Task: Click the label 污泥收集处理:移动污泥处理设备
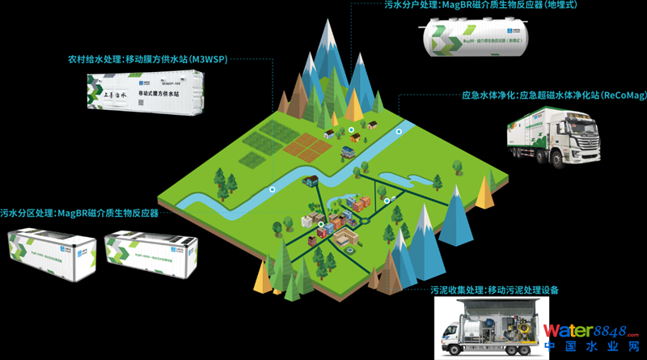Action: pos(494,290)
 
